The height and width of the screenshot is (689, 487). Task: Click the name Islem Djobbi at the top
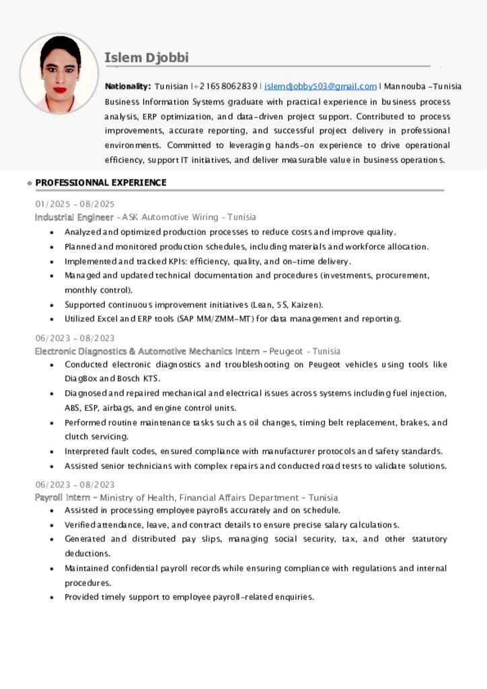tap(147, 58)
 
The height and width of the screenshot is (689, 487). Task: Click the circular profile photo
tap(59, 73)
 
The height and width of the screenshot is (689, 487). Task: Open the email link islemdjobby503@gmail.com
tap(320, 87)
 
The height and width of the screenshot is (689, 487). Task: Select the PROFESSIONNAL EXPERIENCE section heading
tap(101, 183)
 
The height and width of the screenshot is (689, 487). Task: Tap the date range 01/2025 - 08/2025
tap(75, 204)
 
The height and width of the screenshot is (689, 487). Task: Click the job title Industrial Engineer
tap(74, 217)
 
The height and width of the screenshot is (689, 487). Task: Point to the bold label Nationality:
tap(128, 87)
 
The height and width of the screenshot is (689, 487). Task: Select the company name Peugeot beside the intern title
tap(285, 351)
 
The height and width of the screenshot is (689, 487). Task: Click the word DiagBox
tap(81, 379)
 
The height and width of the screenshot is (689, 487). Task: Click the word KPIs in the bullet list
tap(176, 262)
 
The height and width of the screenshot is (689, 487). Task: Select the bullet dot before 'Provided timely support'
tap(52, 597)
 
